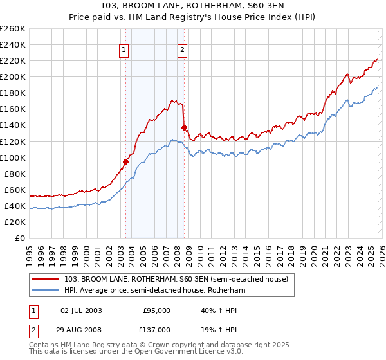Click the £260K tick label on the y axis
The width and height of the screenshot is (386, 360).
pyautogui.click(x=12, y=29)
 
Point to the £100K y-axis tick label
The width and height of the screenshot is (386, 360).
pyautogui.click(x=12, y=157)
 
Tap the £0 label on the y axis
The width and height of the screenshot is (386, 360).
pyautogui.click(x=19, y=238)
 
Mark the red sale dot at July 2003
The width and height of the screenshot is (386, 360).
pyautogui.click(x=126, y=161)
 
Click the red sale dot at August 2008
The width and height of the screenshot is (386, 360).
pyautogui.click(x=184, y=127)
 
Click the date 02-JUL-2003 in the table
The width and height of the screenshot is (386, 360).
pyautogui.click(x=80, y=310)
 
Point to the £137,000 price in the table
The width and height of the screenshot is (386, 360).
pyautogui.click(x=156, y=329)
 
